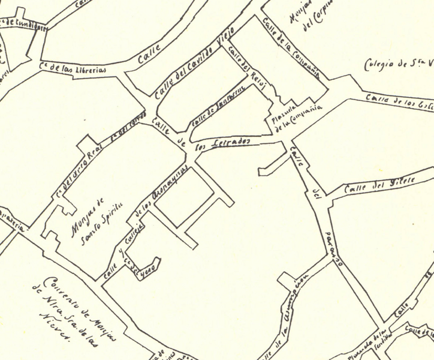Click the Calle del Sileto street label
point(372,184)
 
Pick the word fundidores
point(27,23)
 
